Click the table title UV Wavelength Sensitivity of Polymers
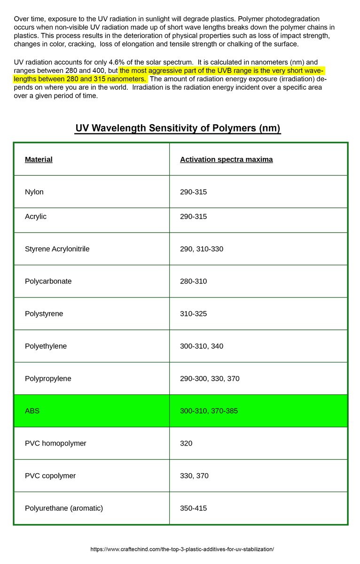(178, 128)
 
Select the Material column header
(39, 159)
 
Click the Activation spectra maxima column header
(226, 159)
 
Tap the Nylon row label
(34, 192)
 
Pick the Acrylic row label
(36, 217)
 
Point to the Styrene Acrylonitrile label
(57, 249)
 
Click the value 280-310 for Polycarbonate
(193, 281)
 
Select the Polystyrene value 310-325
(193, 313)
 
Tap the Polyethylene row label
(46, 346)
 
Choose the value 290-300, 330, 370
(210, 378)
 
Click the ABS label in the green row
(32, 411)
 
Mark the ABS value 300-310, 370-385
(209, 411)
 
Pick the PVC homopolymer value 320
(186, 443)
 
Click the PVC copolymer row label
(50, 476)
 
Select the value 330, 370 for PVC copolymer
(194, 476)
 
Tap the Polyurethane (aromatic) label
(64, 508)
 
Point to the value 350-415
(193, 508)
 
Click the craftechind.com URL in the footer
(182, 549)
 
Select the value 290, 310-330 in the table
(202, 249)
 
